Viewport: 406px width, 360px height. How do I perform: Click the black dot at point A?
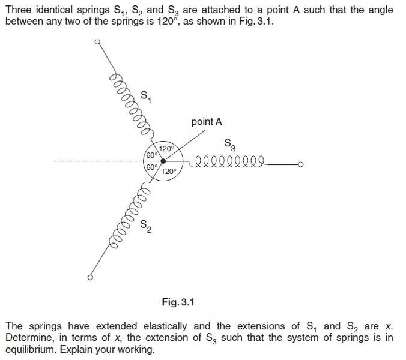click(163, 161)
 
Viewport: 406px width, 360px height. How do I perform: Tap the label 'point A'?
click(207, 122)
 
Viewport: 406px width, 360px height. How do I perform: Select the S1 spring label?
click(146, 97)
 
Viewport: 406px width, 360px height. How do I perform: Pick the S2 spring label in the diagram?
click(146, 226)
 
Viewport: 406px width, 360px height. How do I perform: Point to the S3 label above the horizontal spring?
click(230, 145)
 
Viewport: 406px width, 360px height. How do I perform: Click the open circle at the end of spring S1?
click(98, 41)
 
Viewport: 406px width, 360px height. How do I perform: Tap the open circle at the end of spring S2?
click(90, 277)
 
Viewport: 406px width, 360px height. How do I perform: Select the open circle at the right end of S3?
click(301, 164)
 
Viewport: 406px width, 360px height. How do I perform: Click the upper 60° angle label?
click(152, 155)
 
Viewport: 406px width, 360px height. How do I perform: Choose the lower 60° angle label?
click(152, 167)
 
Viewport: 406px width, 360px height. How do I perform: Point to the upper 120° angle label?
click(166, 149)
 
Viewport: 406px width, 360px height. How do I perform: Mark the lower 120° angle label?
click(169, 171)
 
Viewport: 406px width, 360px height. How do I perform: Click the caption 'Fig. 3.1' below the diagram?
click(178, 302)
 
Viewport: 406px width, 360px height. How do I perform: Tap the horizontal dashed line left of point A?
click(98, 161)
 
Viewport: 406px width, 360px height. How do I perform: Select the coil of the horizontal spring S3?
click(226, 162)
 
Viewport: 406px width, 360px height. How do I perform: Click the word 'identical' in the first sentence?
click(54, 10)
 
